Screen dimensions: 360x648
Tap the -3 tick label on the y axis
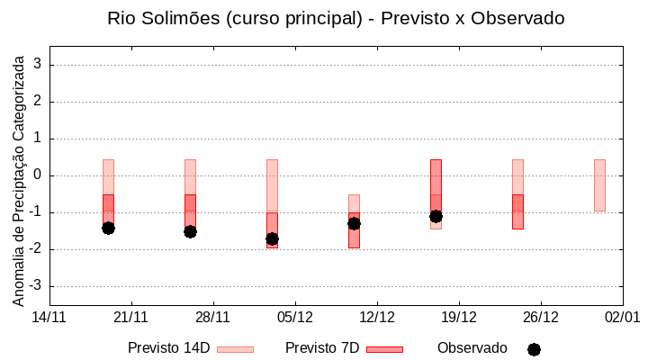[36, 286]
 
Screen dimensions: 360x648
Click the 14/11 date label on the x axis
[49, 317]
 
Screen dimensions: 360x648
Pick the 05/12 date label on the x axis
[295, 317]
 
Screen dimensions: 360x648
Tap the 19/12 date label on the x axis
[459, 317]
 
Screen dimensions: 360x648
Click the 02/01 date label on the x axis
[622, 317]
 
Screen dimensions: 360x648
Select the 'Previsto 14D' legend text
[168, 348]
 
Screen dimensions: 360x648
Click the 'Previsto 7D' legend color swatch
[384, 349]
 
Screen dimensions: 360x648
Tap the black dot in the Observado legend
[534, 349]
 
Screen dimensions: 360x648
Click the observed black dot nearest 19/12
[436, 216]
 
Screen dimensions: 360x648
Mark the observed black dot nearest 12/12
[354, 223]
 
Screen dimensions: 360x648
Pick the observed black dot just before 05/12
[272, 238]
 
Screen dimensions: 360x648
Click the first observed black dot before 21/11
[108, 228]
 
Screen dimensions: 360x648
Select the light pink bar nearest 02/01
[599, 185]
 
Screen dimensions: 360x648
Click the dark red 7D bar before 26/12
[517, 211]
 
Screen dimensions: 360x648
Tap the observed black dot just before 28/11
[190, 231]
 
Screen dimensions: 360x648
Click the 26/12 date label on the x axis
[541, 317]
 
